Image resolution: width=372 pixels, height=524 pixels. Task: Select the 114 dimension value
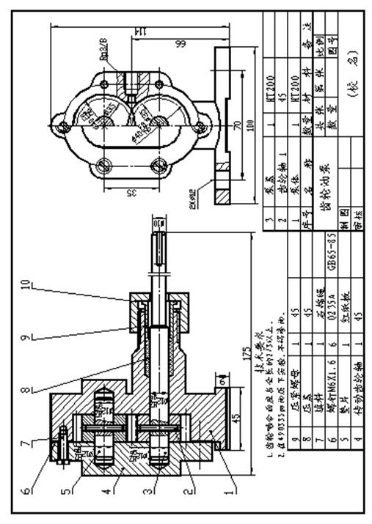coord(136,32)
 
